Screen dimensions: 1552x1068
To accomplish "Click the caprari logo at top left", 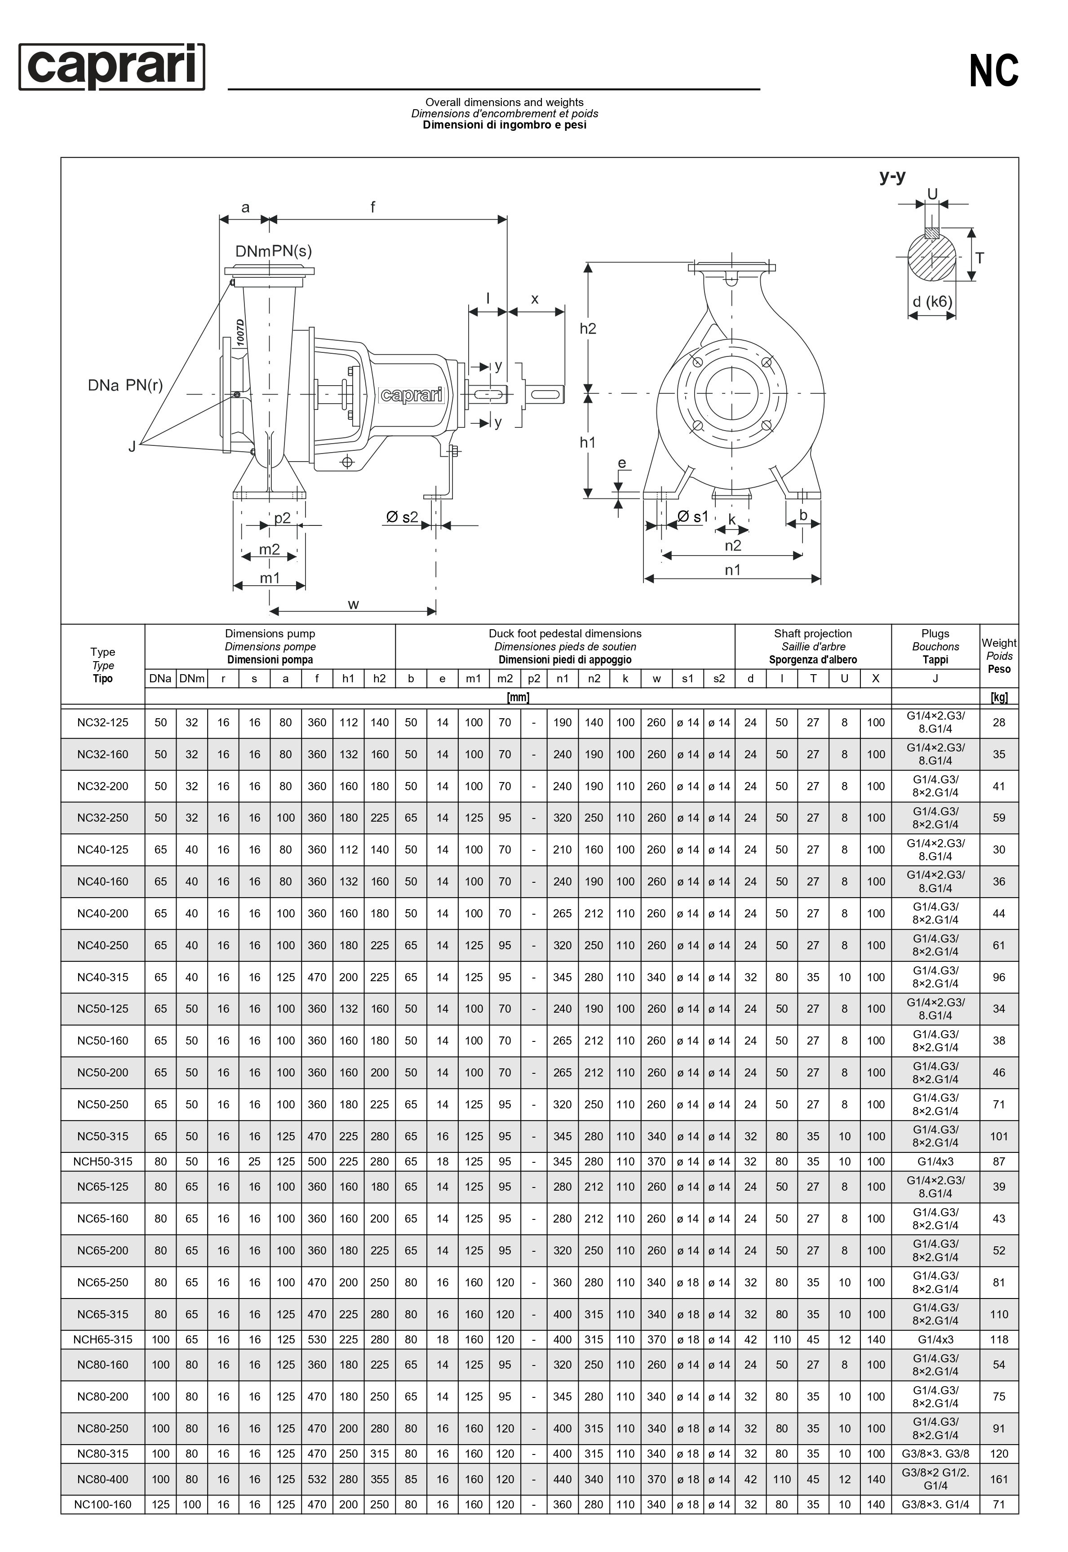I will click(112, 67).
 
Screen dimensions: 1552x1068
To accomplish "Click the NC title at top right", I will click(994, 71).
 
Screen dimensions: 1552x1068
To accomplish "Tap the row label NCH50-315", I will click(102, 1162).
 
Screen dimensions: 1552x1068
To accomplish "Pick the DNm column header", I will click(191, 679).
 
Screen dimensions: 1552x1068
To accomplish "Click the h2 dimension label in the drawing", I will click(588, 329).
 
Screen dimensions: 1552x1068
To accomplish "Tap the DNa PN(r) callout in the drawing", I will click(125, 386).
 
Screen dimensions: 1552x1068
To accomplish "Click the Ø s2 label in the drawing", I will click(402, 517).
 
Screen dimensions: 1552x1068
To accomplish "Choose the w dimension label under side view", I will click(353, 605).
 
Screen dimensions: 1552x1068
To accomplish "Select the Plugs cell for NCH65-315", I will click(935, 1340).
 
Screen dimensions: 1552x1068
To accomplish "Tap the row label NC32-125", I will click(102, 723).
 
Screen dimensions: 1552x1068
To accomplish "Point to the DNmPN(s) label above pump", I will click(273, 251).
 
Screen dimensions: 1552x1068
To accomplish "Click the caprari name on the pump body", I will click(412, 395).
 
